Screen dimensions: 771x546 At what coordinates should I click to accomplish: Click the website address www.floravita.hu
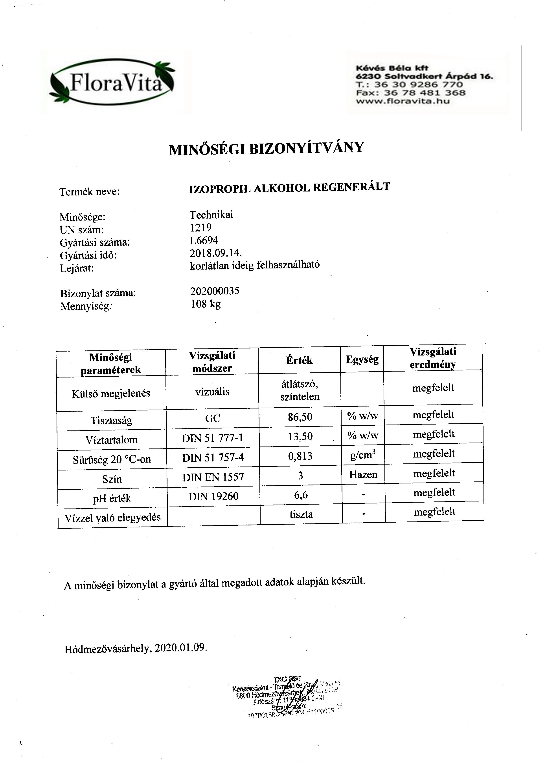pos(403,101)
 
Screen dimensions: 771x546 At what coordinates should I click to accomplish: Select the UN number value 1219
pos(201,228)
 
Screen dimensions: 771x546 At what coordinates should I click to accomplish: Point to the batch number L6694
pos(204,241)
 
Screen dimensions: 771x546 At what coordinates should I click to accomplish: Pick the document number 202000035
pos(215,291)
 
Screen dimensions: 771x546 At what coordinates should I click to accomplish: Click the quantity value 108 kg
pos(205,304)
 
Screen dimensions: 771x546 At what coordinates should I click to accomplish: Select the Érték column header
pos(299,360)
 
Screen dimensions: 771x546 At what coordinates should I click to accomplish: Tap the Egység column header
pos(362,360)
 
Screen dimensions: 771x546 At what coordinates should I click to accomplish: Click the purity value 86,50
pos(300,417)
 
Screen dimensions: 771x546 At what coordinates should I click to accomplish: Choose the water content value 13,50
pos(300,437)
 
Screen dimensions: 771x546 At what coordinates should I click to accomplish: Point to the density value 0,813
pos(300,456)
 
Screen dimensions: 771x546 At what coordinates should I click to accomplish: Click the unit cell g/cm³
pos(363,455)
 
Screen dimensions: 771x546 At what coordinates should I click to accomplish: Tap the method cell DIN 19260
pos(213,496)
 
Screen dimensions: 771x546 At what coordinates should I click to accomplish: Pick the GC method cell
pos(213,418)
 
